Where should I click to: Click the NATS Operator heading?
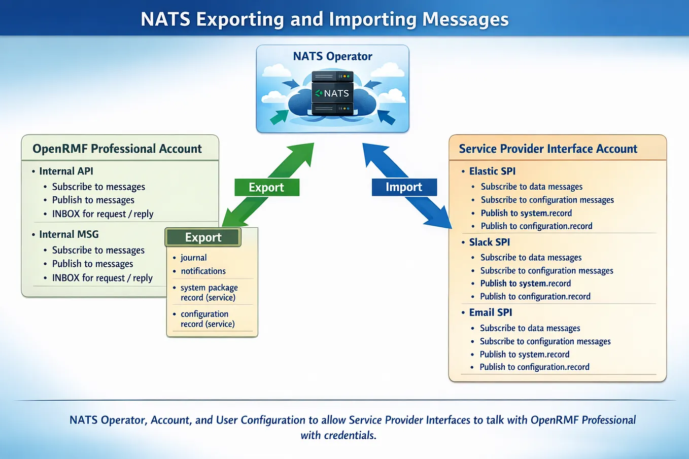click(x=332, y=56)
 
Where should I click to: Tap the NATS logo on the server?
click(x=332, y=93)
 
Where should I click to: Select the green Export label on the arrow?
click(x=267, y=187)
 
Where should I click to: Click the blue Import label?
click(x=404, y=187)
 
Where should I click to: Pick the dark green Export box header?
click(x=203, y=237)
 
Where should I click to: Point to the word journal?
click(x=193, y=258)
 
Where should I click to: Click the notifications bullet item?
click(x=203, y=271)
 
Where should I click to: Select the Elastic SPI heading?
click(x=492, y=171)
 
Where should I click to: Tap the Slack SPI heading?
click(x=490, y=242)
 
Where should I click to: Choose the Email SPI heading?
click(x=490, y=312)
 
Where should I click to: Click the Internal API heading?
click(x=66, y=171)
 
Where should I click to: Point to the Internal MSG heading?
click(x=69, y=234)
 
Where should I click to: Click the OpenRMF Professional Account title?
click(x=117, y=149)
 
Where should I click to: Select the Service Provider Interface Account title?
click(x=548, y=149)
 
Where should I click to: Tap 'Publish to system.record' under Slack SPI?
click(x=525, y=283)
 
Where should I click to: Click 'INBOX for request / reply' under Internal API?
click(x=102, y=214)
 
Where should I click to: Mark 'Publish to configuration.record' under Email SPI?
click(x=535, y=367)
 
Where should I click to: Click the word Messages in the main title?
click(x=465, y=19)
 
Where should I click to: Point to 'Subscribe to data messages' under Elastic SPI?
click(x=532, y=187)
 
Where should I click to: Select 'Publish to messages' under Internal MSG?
click(x=92, y=264)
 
